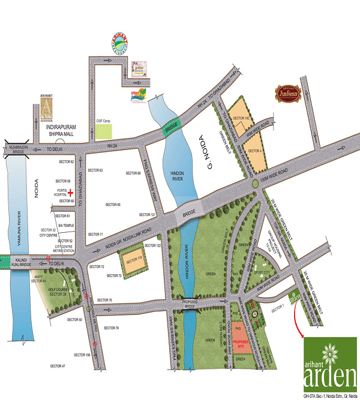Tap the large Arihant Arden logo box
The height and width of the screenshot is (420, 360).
pyautogui.click(x=331, y=366)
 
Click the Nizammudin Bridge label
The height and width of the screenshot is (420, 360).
pyautogui.click(x=16, y=149)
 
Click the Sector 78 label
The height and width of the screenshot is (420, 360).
pyautogui.click(x=111, y=328)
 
